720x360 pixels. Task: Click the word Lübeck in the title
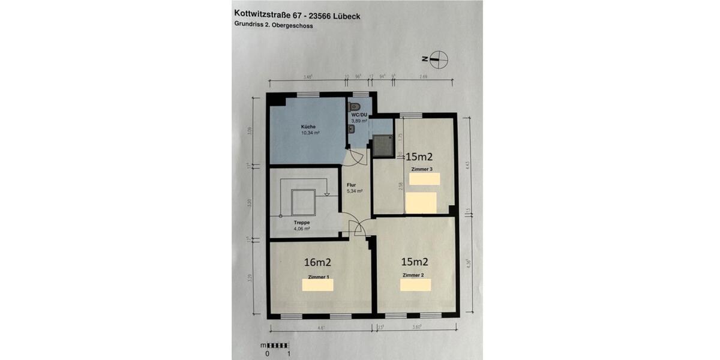[x=344, y=16]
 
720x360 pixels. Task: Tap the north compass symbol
[x=438, y=59]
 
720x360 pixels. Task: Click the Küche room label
[x=308, y=127]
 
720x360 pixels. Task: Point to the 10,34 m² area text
[x=310, y=133]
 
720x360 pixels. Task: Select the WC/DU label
[x=359, y=114]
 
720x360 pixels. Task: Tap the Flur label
[x=352, y=185]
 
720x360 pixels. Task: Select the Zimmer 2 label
[x=413, y=275]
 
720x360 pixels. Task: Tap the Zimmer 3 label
[x=422, y=170]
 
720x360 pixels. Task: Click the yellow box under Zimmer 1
[x=317, y=285]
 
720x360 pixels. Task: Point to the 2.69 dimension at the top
[x=424, y=76]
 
